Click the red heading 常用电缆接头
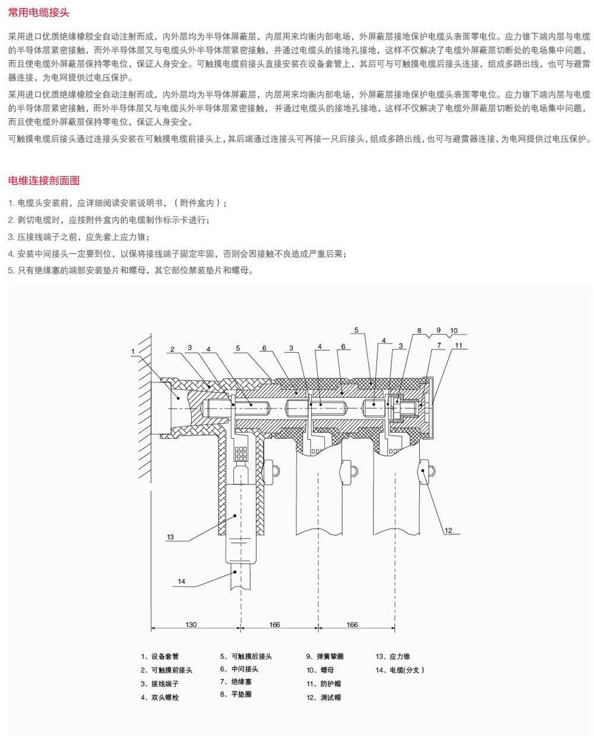click(x=39, y=12)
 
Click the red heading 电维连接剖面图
click(x=44, y=180)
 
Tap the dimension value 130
click(x=191, y=624)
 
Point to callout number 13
click(x=170, y=537)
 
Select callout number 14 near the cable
click(x=181, y=582)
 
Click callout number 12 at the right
click(x=448, y=531)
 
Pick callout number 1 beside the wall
click(x=133, y=351)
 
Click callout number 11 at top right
click(x=459, y=345)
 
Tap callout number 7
click(x=439, y=345)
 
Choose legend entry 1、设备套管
click(x=160, y=656)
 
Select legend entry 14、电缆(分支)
click(x=400, y=670)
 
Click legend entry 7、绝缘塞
click(x=236, y=681)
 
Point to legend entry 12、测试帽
click(x=324, y=697)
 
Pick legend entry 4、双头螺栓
click(x=160, y=697)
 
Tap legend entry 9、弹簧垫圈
click(x=325, y=656)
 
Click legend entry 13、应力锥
click(x=393, y=656)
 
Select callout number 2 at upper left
click(x=172, y=349)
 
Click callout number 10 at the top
click(x=454, y=331)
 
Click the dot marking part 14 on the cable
click(x=235, y=572)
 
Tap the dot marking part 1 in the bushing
click(x=178, y=398)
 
